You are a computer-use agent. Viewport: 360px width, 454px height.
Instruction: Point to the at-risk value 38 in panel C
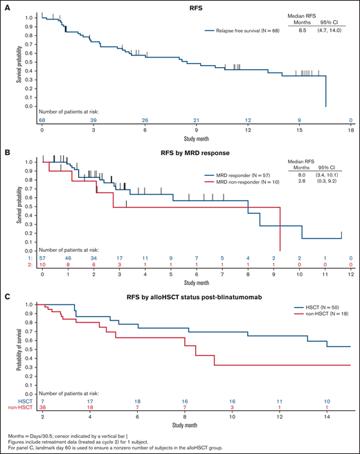42,410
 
